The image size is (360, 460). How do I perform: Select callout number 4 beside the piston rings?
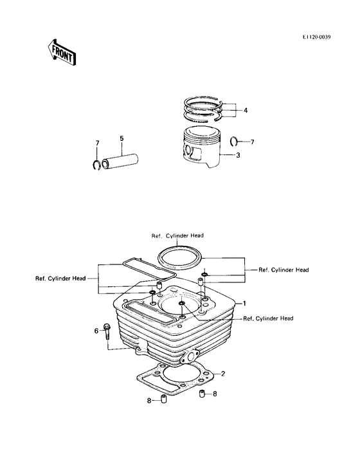pyautogui.click(x=245, y=110)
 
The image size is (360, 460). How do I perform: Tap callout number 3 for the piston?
pyautogui.click(x=238, y=155)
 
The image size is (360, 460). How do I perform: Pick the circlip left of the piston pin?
pyautogui.click(x=96, y=165)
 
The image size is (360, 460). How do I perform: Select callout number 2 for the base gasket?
pyautogui.click(x=223, y=373)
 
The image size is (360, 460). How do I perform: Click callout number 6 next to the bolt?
pyautogui.click(x=96, y=331)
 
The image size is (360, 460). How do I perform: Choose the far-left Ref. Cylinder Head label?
pyautogui.click(x=61, y=278)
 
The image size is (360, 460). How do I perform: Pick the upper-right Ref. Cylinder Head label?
pyautogui.click(x=283, y=269)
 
